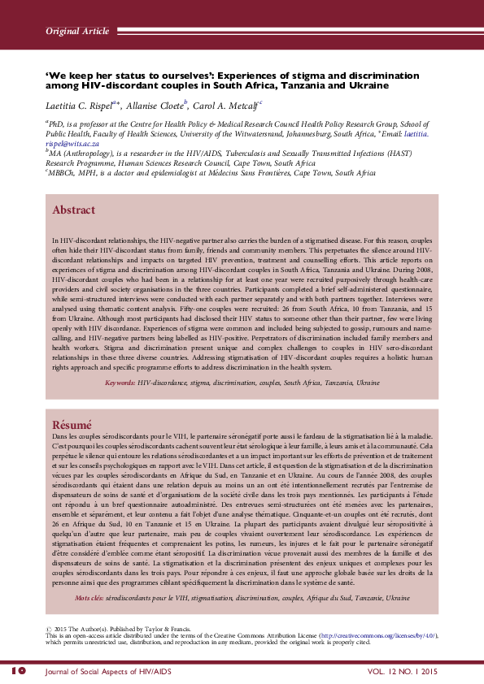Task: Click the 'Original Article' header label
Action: pos(76,31)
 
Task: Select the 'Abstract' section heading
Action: pos(73,210)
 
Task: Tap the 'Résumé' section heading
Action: pos(72,425)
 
